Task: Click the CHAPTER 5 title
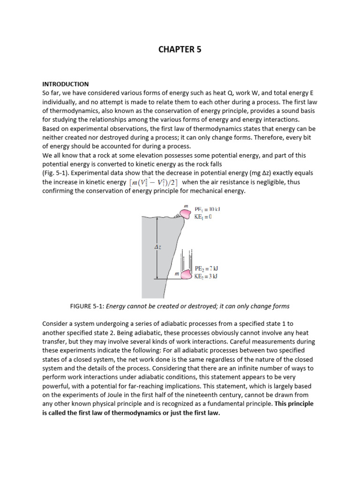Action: click(180, 49)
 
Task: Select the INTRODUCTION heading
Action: click(65, 84)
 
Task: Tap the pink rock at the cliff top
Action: click(183, 214)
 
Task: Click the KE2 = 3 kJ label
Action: click(206, 276)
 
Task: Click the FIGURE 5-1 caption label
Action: click(87, 306)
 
